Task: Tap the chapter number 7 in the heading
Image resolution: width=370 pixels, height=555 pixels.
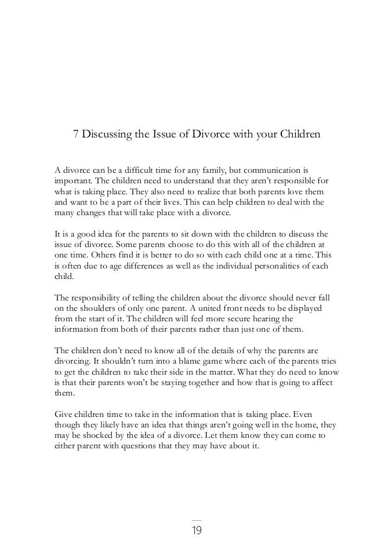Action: [x=75, y=135]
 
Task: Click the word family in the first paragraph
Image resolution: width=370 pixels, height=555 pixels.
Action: [x=208, y=171]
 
